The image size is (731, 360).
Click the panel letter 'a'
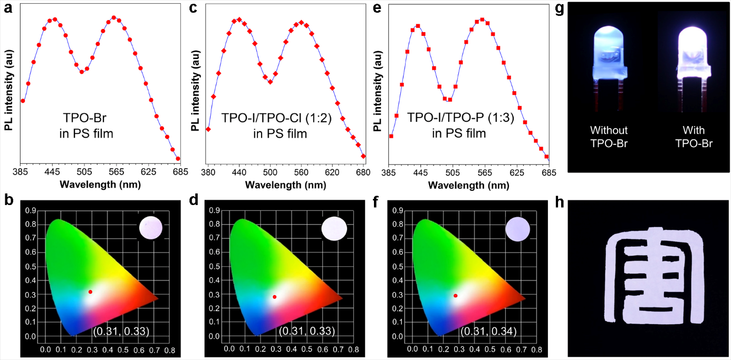click(8, 8)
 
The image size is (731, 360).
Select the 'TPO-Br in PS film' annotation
click(86, 127)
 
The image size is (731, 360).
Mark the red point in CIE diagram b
click(91, 291)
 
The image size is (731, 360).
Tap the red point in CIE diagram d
click(274, 297)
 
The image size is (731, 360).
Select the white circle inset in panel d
click(334, 229)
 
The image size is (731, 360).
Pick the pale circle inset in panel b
click(151, 228)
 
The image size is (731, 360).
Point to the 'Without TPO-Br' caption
click(609, 137)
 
